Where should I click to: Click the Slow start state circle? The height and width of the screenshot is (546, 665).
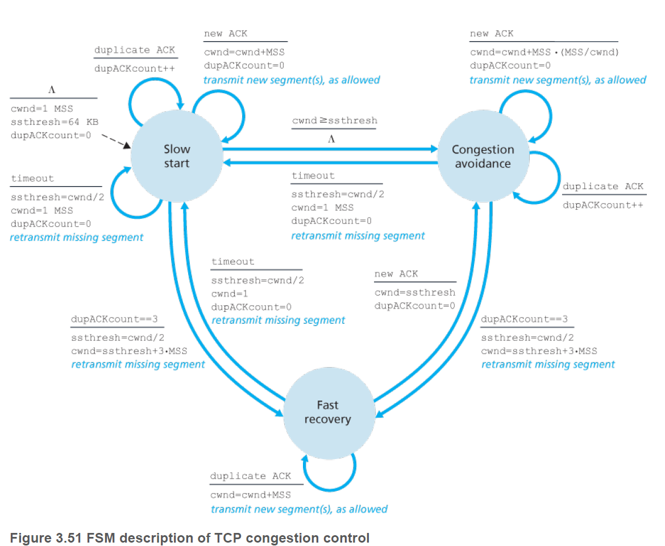click(177, 156)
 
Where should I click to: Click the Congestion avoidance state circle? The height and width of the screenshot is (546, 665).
click(483, 156)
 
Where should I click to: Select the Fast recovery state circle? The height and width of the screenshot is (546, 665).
click(327, 412)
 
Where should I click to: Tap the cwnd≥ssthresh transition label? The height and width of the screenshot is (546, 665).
click(334, 121)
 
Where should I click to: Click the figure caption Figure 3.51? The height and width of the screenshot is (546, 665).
click(189, 537)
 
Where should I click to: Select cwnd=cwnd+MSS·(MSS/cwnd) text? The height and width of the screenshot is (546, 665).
click(544, 52)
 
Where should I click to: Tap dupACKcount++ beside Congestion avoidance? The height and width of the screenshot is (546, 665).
click(603, 205)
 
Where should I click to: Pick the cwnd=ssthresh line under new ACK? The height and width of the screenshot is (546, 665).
click(415, 293)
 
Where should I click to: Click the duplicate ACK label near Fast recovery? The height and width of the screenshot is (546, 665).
click(250, 476)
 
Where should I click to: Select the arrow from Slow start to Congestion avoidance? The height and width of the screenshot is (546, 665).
click(330, 149)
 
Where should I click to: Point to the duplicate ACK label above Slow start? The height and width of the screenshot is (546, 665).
click(135, 50)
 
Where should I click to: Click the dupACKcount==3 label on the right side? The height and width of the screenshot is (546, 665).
click(524, 319)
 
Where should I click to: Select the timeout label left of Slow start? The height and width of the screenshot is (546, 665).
click(32, 178)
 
